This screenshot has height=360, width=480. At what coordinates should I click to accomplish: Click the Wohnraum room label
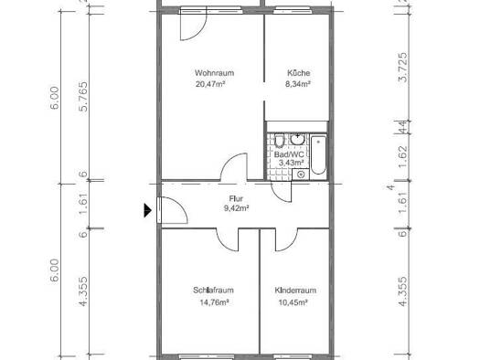click(214, 73)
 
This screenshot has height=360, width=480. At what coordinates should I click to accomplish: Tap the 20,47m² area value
click(210, 84)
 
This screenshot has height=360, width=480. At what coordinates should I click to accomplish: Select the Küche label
click(298, 73)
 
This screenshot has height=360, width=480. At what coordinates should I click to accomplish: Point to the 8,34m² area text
click(298, 84)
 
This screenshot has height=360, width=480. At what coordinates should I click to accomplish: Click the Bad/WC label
click(289, 154)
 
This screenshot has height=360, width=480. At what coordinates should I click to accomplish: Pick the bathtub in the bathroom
click(318, 155)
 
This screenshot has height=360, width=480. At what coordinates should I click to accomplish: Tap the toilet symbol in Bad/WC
click(279, 141)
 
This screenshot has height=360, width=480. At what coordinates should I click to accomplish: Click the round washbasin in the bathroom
click(297, 139)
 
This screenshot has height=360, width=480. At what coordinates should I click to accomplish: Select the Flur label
click(236, 199)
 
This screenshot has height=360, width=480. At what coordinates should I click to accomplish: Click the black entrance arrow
click(147, 210)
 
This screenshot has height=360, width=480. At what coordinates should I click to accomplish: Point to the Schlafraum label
click(213, 290)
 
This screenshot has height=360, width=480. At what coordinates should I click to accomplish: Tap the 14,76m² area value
click(214, 302)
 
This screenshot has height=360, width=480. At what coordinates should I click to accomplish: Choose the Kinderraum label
click(295, 290)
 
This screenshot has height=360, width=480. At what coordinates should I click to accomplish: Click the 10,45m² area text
click(293, 302)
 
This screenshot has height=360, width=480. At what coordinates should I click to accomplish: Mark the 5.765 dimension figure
click(83, 97)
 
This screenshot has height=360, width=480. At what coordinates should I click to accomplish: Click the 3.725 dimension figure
click(403, 68)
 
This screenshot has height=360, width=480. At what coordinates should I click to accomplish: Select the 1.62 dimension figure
click(403, 156)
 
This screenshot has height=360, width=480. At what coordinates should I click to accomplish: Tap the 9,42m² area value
click(236, 208)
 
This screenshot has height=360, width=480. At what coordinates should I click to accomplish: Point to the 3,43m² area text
click(291, 163)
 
